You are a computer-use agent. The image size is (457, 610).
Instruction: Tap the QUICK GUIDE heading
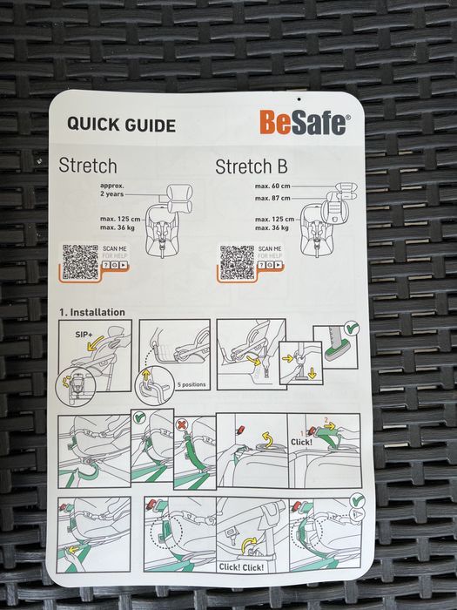(121, 125)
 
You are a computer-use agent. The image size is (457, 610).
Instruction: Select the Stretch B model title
(252, 166)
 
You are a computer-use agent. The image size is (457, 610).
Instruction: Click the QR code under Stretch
(80, 262)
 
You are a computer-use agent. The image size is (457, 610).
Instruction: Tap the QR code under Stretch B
(237, 262)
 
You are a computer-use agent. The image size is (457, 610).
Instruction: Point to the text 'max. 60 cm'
(272, 186)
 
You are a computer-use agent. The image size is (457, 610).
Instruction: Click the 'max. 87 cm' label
(272, 198)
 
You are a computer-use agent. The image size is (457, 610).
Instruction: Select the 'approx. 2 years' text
(112, 190)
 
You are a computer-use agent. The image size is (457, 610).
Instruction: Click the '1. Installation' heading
(92, 312)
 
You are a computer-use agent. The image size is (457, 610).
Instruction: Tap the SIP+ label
(84, 334)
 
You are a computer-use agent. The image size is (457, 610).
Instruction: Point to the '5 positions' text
(192, 384)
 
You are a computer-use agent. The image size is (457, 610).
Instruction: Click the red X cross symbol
(181, 424)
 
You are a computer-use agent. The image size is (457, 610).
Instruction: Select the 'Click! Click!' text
(241, 566)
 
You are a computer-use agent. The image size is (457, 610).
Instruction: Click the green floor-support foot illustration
(336, 353)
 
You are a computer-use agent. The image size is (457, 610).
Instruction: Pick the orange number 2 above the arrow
(326, 420)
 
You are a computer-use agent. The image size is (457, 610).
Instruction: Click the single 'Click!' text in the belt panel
(301, 442)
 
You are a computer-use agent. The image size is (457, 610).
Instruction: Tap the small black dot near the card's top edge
(299, 99)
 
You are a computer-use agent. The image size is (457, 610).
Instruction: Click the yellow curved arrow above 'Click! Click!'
(249, 545)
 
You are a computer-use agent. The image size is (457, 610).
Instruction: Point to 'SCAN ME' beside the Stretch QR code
(115, 248)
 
